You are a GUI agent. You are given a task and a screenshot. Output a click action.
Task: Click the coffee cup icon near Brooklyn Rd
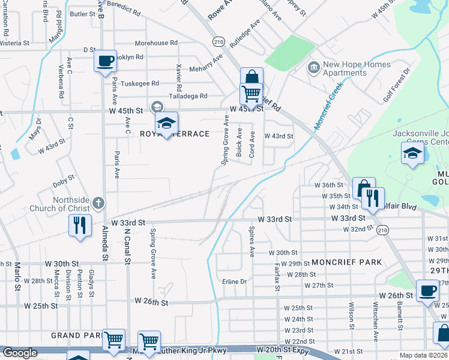(x=105, y=61)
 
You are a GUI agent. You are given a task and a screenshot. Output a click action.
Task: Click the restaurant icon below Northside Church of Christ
(x=80, y=225)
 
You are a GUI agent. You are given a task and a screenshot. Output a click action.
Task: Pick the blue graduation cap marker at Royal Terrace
(x=166, y=123)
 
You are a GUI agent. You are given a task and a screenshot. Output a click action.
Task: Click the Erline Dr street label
(x=235, y=281)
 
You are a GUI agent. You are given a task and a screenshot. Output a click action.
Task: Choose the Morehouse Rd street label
(x=156, y=43)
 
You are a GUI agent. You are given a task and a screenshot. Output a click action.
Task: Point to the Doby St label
(x=63, y=178)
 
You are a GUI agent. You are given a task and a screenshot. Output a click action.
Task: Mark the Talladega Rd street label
(x=188, y=96)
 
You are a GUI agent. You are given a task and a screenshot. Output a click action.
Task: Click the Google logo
(x=20, y=353)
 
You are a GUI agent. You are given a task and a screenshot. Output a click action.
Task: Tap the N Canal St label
(x=127, y=246)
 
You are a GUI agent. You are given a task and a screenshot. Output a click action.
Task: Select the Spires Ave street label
(x=252, y=240)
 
